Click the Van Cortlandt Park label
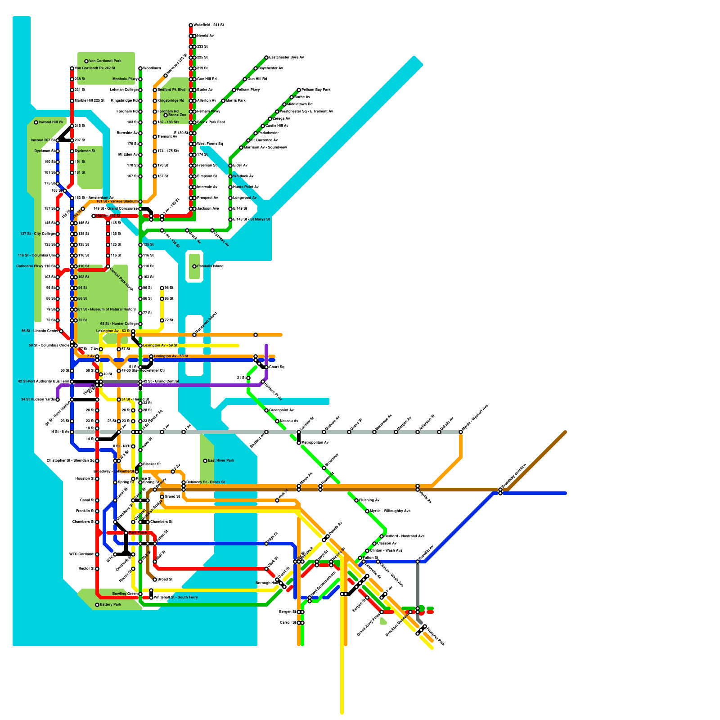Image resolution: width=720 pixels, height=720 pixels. [105, 61]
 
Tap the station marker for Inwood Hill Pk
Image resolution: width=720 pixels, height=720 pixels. [36, 122]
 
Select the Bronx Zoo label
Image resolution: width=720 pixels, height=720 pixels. [177, 115]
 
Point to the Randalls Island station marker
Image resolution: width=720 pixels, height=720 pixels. [194, 266]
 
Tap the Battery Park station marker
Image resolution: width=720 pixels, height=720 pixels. [97, 605]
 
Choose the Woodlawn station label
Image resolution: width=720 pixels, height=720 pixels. [152, 68]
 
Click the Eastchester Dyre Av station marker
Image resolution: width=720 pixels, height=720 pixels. [266, 58]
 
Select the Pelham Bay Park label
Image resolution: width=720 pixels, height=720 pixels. [316, 90]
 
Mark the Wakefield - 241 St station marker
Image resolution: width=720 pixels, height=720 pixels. [191, 25]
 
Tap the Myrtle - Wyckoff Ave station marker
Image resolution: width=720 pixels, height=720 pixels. [461, 432]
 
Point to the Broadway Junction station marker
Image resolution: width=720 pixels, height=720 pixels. [500, 490]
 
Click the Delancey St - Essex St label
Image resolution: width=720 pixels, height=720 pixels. [206, 482]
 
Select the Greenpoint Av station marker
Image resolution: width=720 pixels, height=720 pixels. [266, 410]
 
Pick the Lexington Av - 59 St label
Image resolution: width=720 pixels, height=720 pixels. [160, 346]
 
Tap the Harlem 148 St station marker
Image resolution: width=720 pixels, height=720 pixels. [94, 216]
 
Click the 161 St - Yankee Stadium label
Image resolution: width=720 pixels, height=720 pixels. [117, 202]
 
